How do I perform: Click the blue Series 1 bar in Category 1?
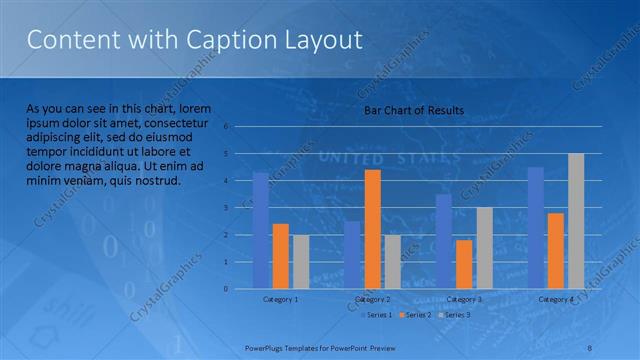(x=261, y=231)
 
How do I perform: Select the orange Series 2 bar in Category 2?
(x=372, y=229)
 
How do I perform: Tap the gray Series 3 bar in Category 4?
(x=576, y=221)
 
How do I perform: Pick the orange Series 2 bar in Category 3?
(x=464, y=264)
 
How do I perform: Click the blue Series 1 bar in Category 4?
(x=536, y=228)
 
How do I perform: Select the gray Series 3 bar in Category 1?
(x=300, y=262)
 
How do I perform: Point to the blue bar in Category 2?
(x=352, y=255)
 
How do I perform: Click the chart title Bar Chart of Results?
(x=413, y=110)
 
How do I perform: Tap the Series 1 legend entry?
(x=375, y=315)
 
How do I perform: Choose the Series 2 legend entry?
(x=414, y=315)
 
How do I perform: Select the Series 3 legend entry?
(x=453, y=315)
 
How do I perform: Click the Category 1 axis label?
(x=281, y=299)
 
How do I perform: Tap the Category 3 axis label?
(x=464, y=299)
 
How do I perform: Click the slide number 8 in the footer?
(x=590, y=347)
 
